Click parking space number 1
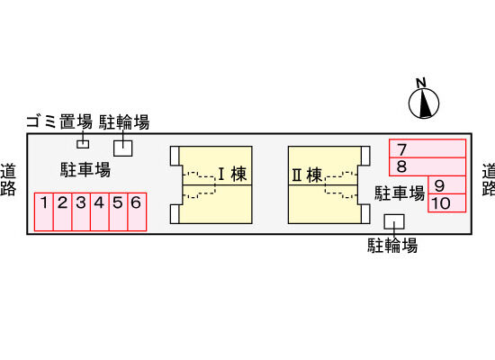[44, 211]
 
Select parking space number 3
[81, 211]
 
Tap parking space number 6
[137, 211]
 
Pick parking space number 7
[427, 148]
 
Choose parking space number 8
[427, 166]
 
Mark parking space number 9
[446, 185]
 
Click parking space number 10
[446, 202]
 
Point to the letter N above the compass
[421, 83]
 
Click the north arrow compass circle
[424, 103]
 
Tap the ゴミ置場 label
[59, 121]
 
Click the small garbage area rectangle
[83, 144]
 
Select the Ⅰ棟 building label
[232, 175]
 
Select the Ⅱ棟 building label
[307, 175]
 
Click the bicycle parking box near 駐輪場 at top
[122, 148]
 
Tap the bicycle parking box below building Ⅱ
[394, 221]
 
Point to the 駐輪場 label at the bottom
[392, 246]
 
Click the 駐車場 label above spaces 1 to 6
[85, 169]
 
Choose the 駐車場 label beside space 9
[400, 193]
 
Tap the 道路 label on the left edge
[8, 179]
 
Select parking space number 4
[100, 211]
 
